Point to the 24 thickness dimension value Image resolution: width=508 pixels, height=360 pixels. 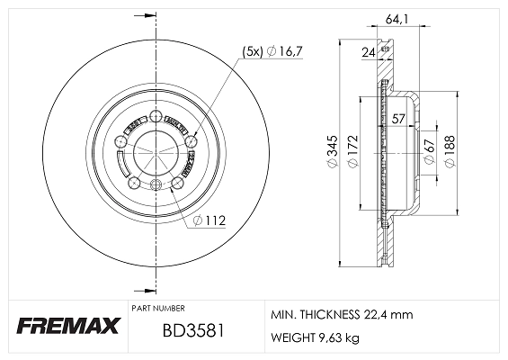[x=368, y=53]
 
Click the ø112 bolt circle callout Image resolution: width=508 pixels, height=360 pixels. [x=210, y=219]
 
